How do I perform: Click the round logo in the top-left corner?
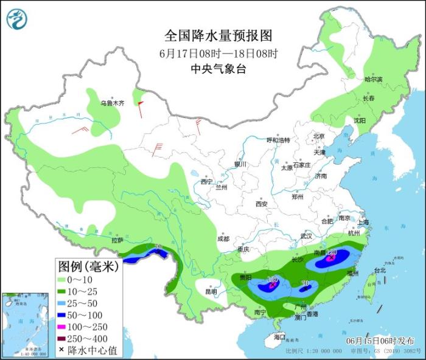[x=17, y=19]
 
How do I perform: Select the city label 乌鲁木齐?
[x=112, y=103]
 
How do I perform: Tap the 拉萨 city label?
[x=117, y=240]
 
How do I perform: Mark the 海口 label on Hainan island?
[x=279, y=336]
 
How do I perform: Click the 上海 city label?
[x=364, y=223]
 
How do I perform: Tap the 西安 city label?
[x=262, y=204]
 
